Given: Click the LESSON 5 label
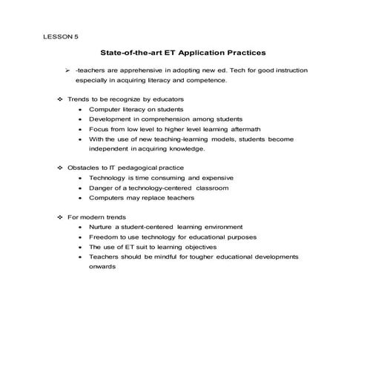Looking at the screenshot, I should tap(60, 36).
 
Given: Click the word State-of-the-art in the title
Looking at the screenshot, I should tap(128, 53).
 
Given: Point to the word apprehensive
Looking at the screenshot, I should tap(141, 69).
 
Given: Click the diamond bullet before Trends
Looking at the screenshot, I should tap(60, 99).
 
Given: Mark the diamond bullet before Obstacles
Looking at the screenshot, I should tap(60, 168).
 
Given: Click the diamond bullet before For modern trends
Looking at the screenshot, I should tap(60, 217).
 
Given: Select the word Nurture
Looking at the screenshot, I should tap(102, 227).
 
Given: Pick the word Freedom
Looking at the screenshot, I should tap(104, 237).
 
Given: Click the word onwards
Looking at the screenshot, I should tap(103, 267).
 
